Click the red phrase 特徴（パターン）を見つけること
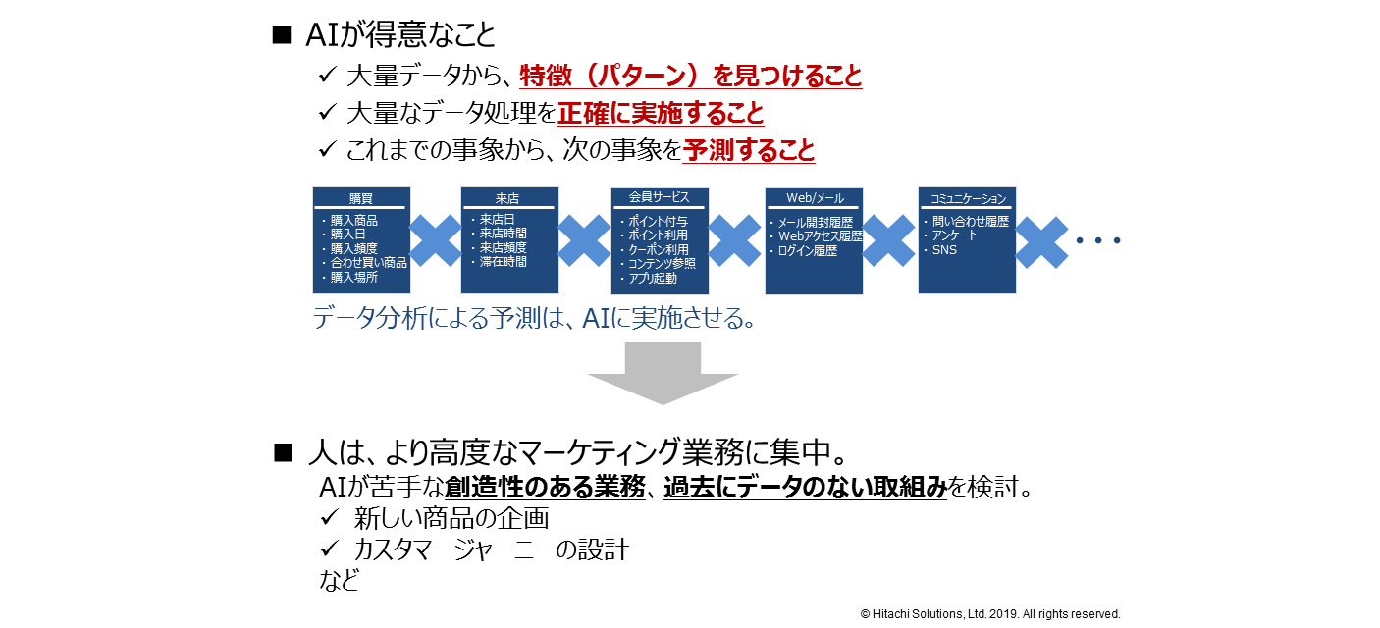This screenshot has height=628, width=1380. coord(690,76)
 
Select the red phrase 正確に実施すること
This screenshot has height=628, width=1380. coord(660,114)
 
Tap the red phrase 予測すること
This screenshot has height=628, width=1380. coord(748,151)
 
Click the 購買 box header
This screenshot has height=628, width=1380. coord(360,198)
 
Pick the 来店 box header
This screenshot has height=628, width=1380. coord(508,198)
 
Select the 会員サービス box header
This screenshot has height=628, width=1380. coord(659,198)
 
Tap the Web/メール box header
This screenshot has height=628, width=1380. coord(814,198)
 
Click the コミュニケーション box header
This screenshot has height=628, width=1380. coord(967,198)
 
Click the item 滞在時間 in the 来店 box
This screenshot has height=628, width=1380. coord(503,263)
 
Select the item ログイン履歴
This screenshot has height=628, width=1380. coord(807,251)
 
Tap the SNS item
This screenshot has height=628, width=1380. coord(944,250)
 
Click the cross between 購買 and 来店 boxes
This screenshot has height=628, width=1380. coord(435,240)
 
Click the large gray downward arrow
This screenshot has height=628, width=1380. coord(663,373)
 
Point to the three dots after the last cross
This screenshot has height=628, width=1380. coord(1098,240)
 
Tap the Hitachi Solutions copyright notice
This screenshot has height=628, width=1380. coord(990,614)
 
